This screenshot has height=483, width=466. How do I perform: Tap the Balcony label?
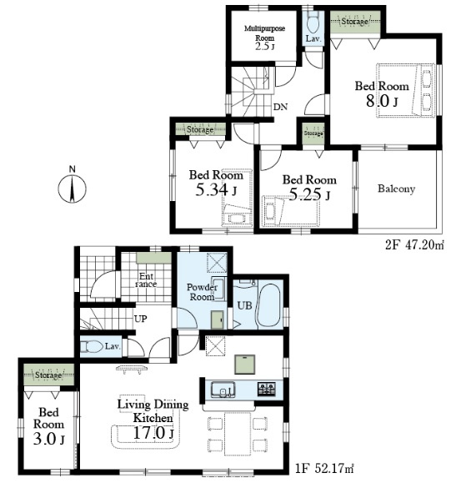pyautogui.click(x=396, y=189)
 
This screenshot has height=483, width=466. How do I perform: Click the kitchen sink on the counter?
pyautogui.click(x=223, y=390)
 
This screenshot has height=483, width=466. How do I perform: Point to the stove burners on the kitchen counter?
pyautogui.click(x=266, y=389)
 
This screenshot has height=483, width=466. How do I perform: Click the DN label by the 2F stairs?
pyautogui.click(x=281, y=107)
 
